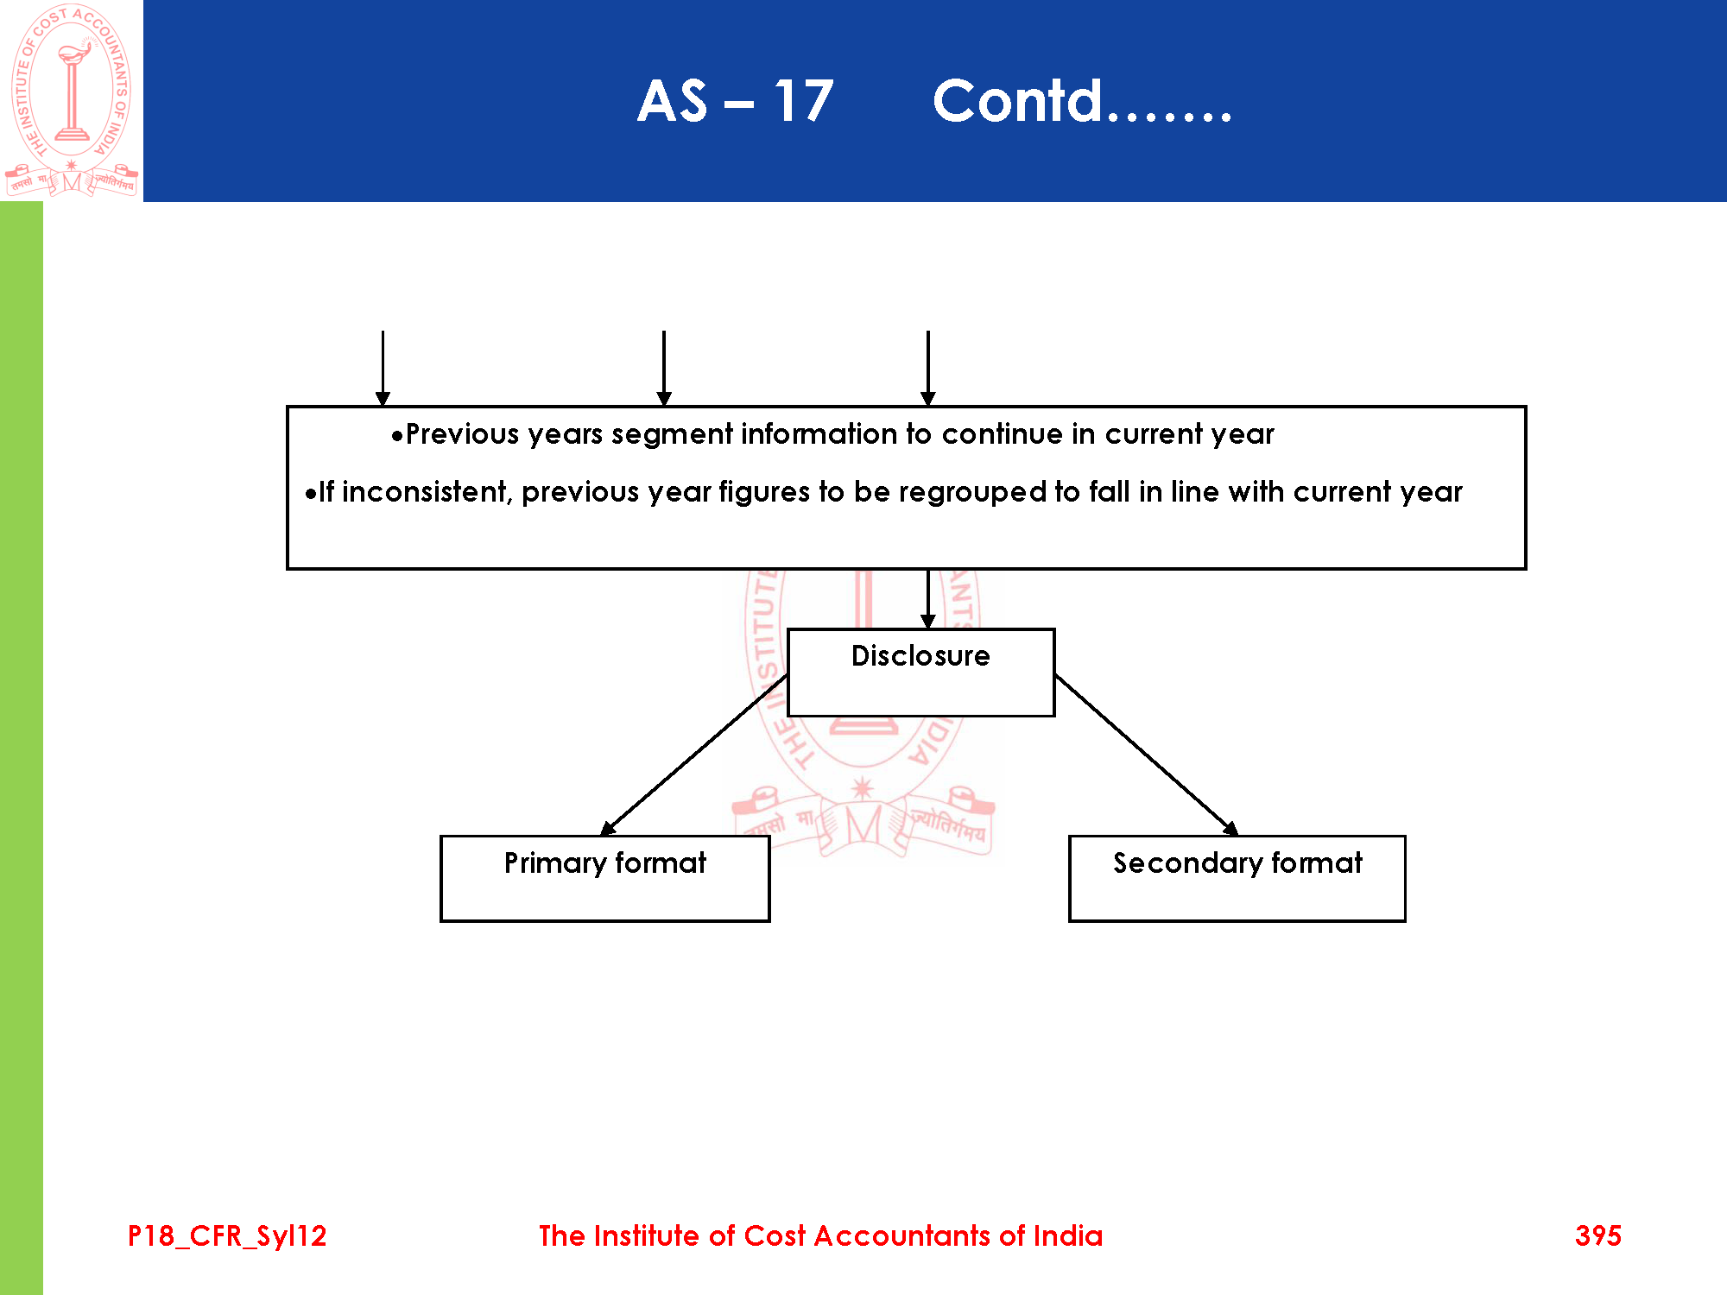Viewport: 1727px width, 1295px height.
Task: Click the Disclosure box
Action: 920,673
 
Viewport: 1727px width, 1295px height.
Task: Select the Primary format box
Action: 604,878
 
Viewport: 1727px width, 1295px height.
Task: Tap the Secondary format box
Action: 1237,878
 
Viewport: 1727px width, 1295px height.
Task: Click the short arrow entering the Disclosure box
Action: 928,598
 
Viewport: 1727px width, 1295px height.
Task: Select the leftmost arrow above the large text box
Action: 383,367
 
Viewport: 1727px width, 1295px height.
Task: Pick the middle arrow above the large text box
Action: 663,367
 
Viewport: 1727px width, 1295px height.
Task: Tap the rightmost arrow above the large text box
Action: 928,367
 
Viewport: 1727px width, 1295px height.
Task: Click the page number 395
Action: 1597,1235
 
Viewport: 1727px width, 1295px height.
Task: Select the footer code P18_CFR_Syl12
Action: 227,1236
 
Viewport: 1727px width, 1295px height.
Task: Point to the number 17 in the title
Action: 803,101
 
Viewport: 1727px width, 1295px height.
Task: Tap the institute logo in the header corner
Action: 72,100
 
